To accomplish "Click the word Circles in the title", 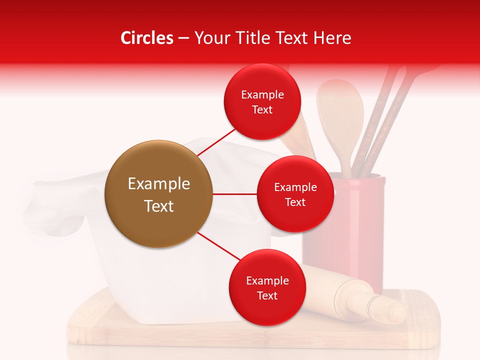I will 147,38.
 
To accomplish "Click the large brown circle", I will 159,194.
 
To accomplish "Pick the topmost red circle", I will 262,101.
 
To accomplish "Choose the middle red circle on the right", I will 295,194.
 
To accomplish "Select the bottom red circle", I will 267,287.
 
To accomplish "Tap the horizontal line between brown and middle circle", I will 235,194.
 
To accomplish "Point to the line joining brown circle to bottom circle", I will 219,246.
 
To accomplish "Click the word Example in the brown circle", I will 159,184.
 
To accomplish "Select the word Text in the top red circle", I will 262,109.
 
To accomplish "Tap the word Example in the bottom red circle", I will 267,280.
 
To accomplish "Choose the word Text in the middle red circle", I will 295,202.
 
